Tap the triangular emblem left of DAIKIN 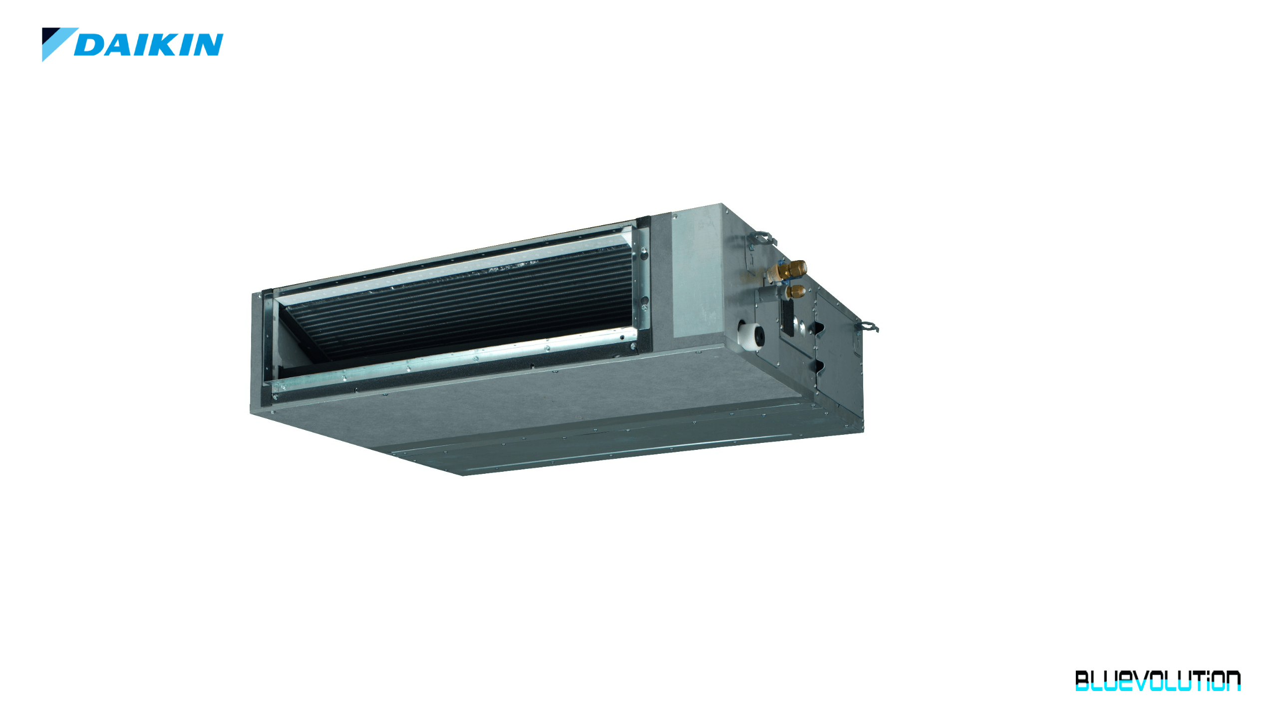(x=56, y=42)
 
